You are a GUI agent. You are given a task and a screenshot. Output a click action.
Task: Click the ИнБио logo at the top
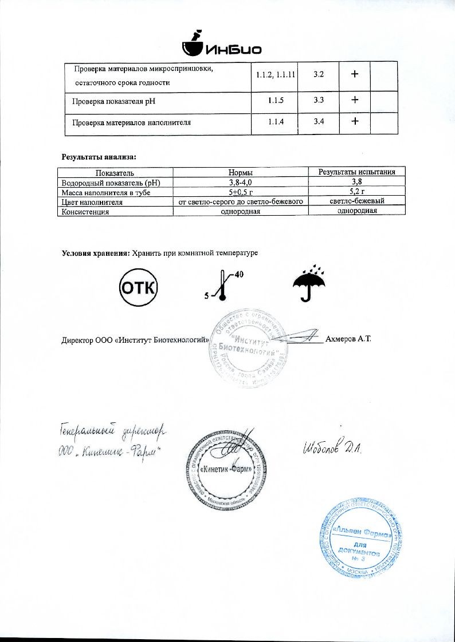click(x=221, y=46)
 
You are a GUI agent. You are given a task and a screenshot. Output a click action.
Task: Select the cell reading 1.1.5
click(x=275, y=101)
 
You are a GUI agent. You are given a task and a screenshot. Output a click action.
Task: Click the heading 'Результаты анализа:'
click(x=99, y=156)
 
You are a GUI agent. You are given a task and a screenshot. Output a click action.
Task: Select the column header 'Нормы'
click(x=241, y=172)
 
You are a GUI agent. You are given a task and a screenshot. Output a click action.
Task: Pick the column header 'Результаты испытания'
click(x=356, y=172)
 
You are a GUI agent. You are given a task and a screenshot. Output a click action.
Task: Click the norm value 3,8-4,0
click(x=241, y=182)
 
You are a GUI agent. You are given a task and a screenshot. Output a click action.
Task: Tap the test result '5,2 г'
click(x=356, y=192)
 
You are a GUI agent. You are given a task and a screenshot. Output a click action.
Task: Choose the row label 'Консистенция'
click(x=85, y=211)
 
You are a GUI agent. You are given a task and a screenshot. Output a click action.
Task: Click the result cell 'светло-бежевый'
click(x=356, y=201)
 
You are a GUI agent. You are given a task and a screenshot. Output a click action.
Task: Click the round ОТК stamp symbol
click(x=138, y=287)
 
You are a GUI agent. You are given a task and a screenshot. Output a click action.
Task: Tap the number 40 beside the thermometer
click(x=239, y=275)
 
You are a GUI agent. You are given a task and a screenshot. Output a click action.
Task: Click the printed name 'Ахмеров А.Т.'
click(x=348, y=339)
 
